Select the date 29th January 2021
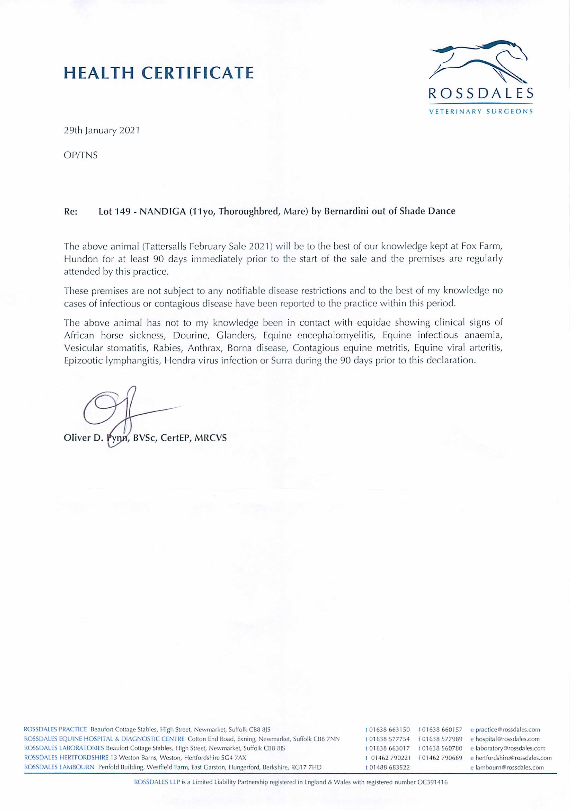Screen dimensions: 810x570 102,131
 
